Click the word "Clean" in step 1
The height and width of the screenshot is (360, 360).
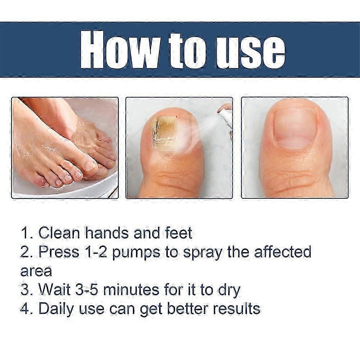tap(59, 233)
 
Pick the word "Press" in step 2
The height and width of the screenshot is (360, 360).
tap(59, 252)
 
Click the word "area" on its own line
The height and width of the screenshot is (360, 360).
tap(36, 271)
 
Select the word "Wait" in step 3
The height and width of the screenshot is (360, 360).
tap(54, 289)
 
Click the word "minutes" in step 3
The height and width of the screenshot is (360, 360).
tap(131, 289)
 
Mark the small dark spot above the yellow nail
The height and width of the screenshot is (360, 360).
tap(176, 117)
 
